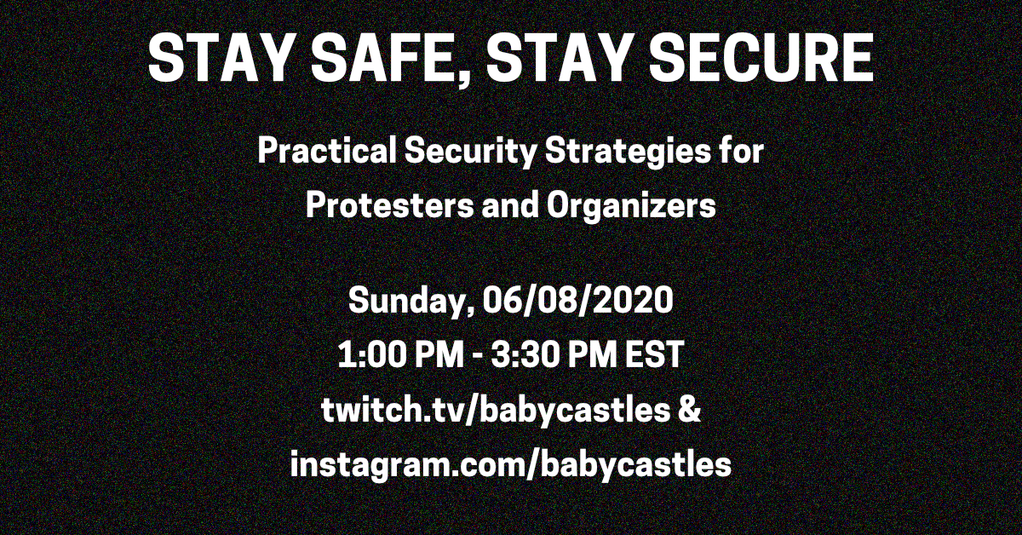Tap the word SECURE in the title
coord(761,58)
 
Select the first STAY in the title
coord(220,58)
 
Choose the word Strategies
coord(629,152)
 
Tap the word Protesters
coord(390,205)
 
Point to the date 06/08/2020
coord(577,300)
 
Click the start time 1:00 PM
coord(400,354)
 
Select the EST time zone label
coord(654,354)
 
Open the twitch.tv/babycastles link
coord(495,411)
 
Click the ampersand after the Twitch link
coord(689,409)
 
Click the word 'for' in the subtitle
coord(743,151)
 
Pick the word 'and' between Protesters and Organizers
coord(510,205)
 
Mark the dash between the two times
coord(477,355)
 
